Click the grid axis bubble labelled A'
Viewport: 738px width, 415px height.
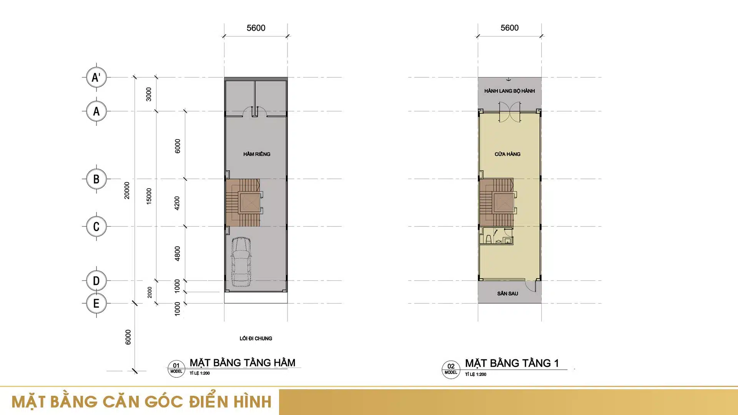tap(96, 77)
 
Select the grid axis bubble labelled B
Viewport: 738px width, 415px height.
tap(96, 179)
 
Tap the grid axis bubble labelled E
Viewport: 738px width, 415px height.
tap(96, 303)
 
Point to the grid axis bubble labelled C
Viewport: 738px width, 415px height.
tap(96, 226)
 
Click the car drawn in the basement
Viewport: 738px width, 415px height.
tap(241, 262)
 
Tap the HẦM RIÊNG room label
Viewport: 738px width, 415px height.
tap(257, 154)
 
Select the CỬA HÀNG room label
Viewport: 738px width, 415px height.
tap(507, 154)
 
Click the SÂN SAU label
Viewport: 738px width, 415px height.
tap(507, 294)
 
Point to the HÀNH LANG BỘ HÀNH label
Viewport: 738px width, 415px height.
tap(509, 91)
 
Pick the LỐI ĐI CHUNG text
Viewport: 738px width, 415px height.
tap(256, 339)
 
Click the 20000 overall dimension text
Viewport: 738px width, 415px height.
tap(127, 190)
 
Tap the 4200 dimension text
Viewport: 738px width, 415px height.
tap(177, 203)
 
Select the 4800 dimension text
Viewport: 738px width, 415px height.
tap(177, 254)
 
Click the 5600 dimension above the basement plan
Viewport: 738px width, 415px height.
tap(256, 28)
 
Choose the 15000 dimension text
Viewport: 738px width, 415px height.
tap(149, 196)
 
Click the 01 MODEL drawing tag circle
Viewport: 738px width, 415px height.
tap(176, 369)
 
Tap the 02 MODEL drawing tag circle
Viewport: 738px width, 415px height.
tap(451, 370)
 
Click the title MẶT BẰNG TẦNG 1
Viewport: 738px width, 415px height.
tap(512, 363)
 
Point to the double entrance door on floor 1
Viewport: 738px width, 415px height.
tap(509, 112)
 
